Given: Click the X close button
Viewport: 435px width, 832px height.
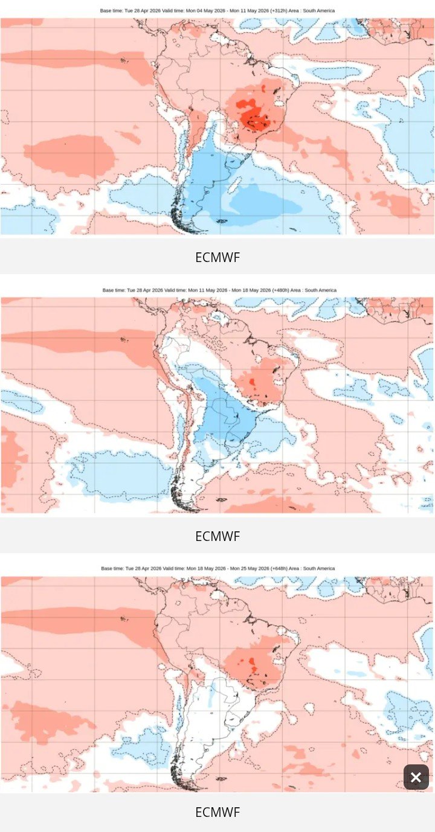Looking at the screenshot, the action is pos(416,776).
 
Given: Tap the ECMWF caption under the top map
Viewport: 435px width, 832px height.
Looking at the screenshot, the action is pos(217,257).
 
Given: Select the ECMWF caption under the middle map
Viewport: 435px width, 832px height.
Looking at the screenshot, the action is pos(217,536).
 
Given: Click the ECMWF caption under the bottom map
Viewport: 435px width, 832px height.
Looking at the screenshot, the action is pos(217,812).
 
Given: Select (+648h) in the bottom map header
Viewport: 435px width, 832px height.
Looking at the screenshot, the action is pos(279,568).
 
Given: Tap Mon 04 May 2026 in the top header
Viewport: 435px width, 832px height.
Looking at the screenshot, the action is pos(205,11).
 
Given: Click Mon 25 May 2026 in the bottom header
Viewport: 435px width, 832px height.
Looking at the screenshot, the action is pos(250,568).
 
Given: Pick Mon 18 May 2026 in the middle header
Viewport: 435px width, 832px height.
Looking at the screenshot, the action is pos(251,290).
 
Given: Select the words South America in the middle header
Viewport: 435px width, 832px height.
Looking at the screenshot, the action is pos(320,290).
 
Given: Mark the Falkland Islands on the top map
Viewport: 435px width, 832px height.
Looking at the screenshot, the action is pos(222,222).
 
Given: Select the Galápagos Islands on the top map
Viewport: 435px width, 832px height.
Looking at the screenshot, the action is pos(123,60).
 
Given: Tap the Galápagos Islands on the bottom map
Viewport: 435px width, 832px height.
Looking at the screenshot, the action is pos(123,618).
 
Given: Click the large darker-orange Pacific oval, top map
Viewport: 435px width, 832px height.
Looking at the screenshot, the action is pos(69,152).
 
